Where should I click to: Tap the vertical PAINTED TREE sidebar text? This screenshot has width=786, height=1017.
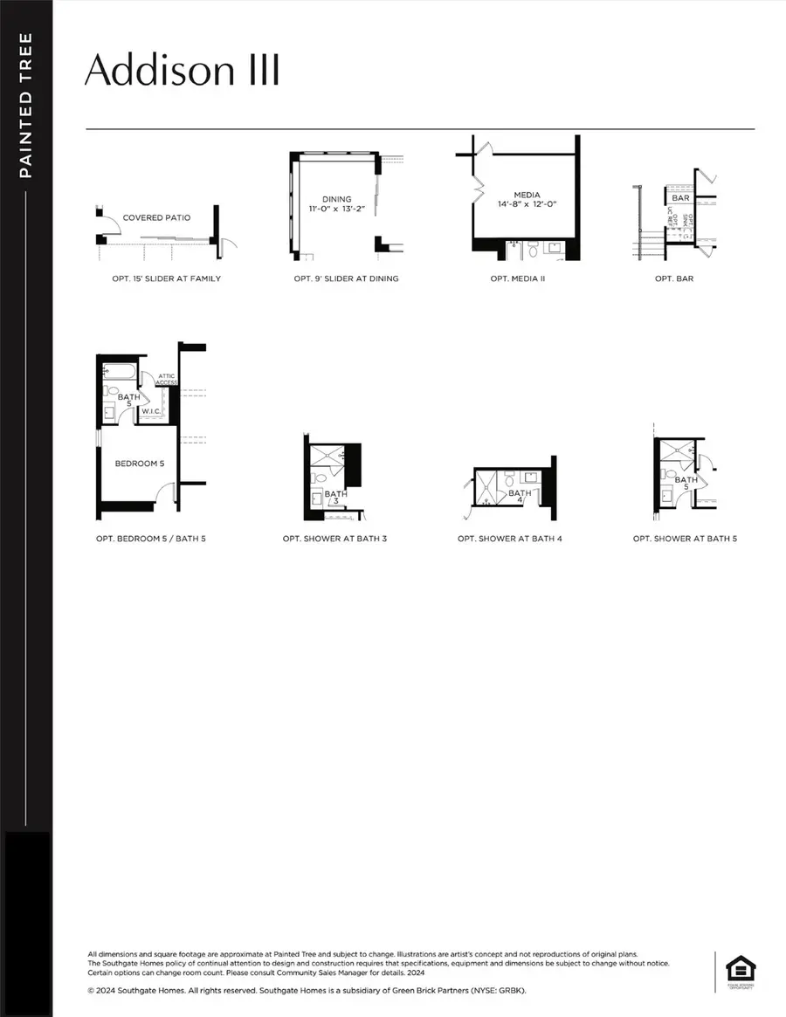pos(25,105)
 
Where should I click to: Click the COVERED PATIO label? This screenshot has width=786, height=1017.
pos(156,217)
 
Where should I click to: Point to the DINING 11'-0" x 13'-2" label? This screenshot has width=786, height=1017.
pos(336,204)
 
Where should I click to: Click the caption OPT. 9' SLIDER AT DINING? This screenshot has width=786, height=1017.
pos(346,279)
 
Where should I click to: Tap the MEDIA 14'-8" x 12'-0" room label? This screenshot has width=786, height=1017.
pos(527,199)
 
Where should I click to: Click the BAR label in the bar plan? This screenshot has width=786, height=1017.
pos(681,198)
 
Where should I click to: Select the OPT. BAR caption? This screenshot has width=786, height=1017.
pos(676,279)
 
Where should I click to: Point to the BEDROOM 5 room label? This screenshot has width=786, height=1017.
pos(139,464)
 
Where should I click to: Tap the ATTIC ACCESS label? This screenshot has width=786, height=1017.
pos(167,379)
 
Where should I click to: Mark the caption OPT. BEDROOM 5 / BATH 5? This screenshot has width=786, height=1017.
pos(151,539)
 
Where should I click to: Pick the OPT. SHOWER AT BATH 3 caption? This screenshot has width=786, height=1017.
pos(334,539)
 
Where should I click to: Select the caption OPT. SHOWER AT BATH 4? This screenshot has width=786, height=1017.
pos(510,539)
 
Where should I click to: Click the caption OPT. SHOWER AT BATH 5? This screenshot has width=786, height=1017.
pos(685,539)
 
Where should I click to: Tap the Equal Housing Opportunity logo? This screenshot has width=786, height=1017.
pos(740,970)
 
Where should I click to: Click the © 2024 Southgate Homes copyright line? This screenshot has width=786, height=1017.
pos(307,991)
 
